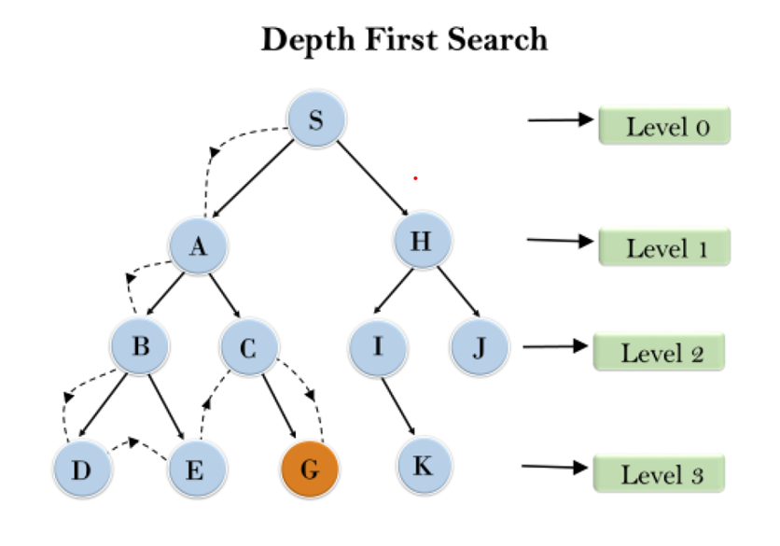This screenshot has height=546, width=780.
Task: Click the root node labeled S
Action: click(x=315, y=122)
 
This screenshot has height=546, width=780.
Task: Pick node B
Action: click(x=140, y=348)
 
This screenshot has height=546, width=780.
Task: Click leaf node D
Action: click(x=81, y=469)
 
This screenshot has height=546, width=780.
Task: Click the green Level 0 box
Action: click(x=663, y=126)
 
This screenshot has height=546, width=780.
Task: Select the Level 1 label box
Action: click(x=663, y=247)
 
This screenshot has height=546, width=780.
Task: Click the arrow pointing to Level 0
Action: click(x=560, y=119)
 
